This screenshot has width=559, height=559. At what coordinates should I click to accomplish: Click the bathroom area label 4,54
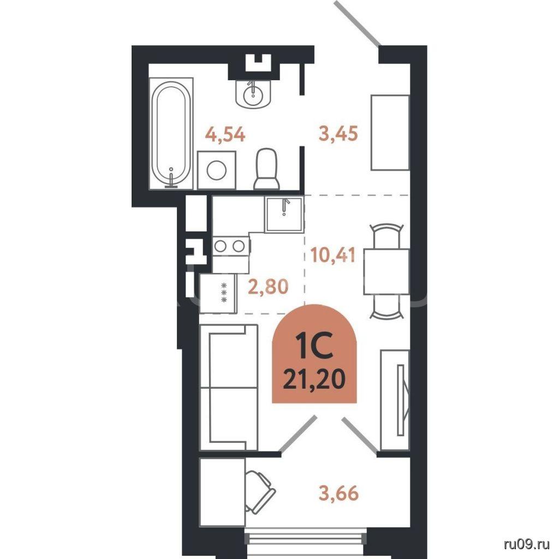click(x=225, y=135)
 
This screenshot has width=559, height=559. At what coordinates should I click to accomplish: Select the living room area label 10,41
click(x=333, y=255)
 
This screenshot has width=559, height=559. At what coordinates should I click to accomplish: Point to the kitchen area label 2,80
click(x=267, y=287)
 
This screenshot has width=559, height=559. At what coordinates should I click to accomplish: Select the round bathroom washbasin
click(x=253, y=93)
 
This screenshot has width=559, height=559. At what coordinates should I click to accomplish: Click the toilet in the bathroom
click(x=267, y=169)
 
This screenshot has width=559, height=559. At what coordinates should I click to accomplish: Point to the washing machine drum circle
click(x=216, y=170)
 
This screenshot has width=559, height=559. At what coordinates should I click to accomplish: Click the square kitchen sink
click(x=284, y=215)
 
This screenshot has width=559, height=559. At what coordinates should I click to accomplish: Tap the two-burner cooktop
click(x=231, y=246)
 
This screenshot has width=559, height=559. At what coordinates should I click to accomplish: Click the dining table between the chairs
click(x=386, y=272)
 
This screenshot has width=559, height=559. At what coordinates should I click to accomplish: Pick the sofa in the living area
click(x=229, y=387)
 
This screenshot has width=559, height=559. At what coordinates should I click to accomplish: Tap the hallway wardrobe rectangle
click(x=390, y=133)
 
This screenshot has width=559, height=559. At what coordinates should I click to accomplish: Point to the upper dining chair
click(x=386, y=235)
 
